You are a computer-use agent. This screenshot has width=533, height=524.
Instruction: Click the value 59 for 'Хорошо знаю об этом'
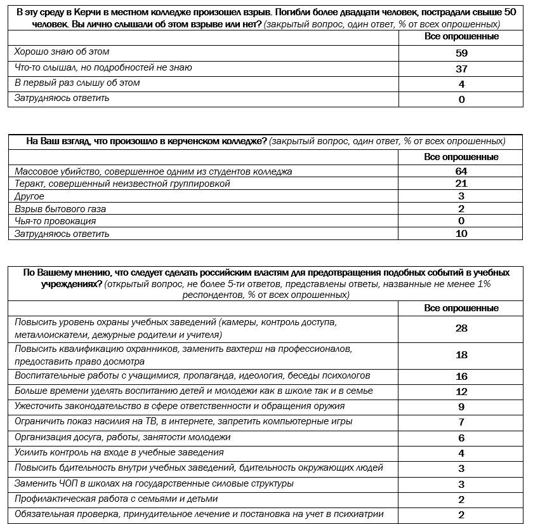[x=461, y=53]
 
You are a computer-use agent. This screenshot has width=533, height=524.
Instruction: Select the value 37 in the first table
[x=461, y=69]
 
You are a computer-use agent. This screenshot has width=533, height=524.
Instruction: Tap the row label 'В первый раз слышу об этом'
[x=77, y=83]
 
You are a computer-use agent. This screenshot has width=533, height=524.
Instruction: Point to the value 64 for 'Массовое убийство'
[x=461, y=171]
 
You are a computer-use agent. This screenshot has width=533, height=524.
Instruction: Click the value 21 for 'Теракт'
[x=461, y=184]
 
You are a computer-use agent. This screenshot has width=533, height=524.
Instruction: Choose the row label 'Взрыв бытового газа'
[x=60, y=208]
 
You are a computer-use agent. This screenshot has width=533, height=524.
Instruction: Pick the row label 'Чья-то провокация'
[x=55, y=221]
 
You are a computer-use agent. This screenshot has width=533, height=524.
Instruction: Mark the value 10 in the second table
[x=461, y=233]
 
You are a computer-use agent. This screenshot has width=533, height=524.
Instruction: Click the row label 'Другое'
[x=29, y=196]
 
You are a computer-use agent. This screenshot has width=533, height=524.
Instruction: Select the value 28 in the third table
[x=461, y=328]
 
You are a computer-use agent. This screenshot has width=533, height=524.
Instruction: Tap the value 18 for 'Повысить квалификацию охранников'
[x=461, y=355]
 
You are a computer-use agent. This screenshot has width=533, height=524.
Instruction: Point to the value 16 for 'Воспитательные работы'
[x=461, y=376]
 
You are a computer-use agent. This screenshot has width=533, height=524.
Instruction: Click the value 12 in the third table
[x=461, y=391]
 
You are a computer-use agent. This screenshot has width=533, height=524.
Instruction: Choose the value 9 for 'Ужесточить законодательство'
[x=461, y=407]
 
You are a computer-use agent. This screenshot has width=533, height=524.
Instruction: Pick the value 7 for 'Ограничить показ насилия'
[x=461, y=422]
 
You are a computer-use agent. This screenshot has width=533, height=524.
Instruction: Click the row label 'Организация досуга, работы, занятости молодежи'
[x=122, y=437]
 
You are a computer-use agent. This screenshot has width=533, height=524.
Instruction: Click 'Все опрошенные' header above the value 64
[x=461, y=157]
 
